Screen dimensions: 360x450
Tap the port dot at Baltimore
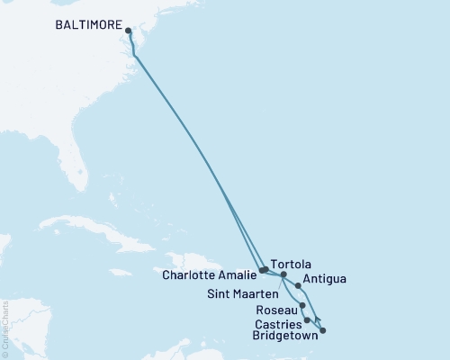click(x=128, y=31)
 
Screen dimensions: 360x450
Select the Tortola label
click(x=289, y=264)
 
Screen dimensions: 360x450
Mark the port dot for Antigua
click(x=299, y=285)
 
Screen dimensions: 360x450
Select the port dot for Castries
click(x=308, y=319)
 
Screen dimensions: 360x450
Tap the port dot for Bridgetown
click(x=323, y=330)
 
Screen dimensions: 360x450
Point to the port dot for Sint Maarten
click(x=283, y=274)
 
